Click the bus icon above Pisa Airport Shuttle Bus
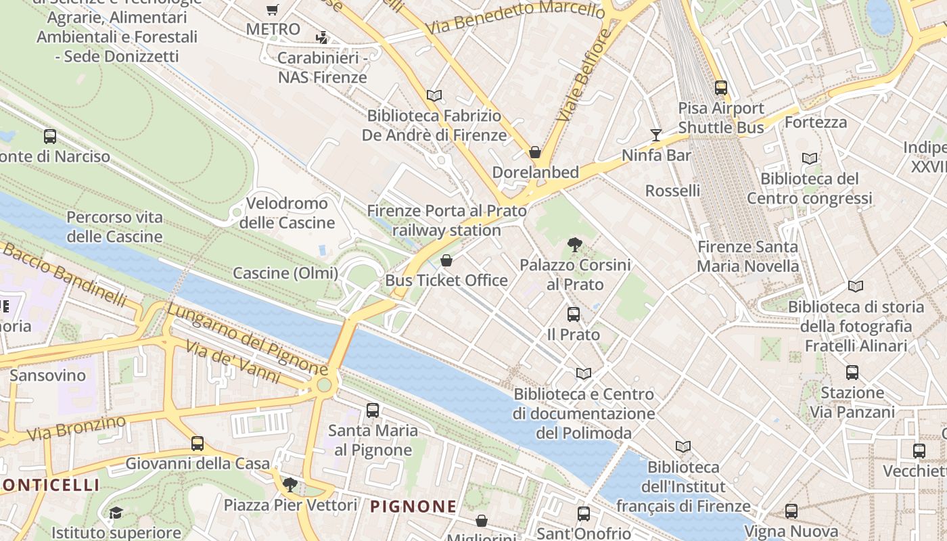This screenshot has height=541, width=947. [x=721, y=87]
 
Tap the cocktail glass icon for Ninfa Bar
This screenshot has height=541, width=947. [x=655, y=135]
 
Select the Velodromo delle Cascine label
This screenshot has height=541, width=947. [x=287, y=213]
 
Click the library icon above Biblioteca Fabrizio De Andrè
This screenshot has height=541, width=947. [x=434, y=96]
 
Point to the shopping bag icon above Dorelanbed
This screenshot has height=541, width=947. [x=535, y=152]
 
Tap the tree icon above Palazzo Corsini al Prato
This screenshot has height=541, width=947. [x=575, y=245]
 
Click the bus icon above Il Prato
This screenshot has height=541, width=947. [x=574, y=314]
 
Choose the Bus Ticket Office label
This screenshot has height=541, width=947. [x=446, y=280]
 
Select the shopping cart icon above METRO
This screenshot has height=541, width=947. [x=272, y=9]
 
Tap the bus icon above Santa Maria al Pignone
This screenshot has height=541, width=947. [x=372, y=410]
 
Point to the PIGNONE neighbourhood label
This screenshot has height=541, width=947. [x=413, y=506]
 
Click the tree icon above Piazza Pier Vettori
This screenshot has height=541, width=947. [x=290, y=484]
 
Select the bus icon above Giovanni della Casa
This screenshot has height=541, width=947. [x=197, y=444]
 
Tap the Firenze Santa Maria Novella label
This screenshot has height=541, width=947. [x=747, y=256]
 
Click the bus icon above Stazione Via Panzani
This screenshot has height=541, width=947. [x=852, y=372]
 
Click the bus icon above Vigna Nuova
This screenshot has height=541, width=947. [x=791, y=511]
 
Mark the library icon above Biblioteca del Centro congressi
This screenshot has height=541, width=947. [x=810, y=158]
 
